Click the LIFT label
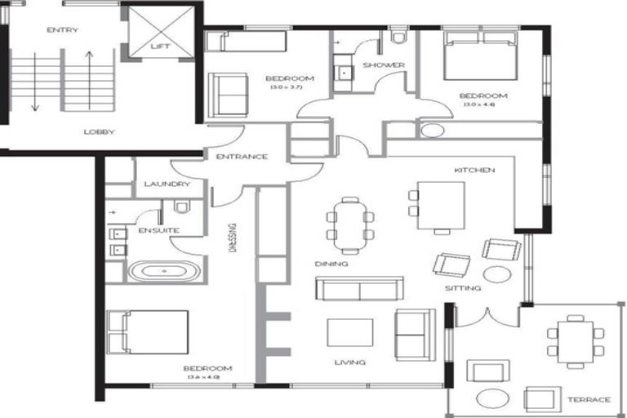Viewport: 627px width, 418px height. click(161, 47)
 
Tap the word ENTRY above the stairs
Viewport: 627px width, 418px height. click(63, 31)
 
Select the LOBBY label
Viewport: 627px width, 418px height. click(99, 131)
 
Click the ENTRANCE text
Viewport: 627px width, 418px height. click(242, 157)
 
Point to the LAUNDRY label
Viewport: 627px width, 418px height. click(167, 185)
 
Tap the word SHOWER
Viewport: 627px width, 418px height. click(379, 65)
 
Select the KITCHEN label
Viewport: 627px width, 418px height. click(474, 171)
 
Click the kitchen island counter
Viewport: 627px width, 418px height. click(441, 206)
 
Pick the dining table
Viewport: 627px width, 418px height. click(350, 225)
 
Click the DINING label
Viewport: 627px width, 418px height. click(331, 265)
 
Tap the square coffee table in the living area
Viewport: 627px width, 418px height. click(350, 333)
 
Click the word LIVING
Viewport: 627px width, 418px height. click(349, 362)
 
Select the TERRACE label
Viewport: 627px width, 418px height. click(588, 399)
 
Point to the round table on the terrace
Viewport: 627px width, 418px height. click(492, 399)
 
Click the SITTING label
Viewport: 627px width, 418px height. click(462, 288)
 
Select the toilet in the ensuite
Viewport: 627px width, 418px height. click(182, 207)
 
